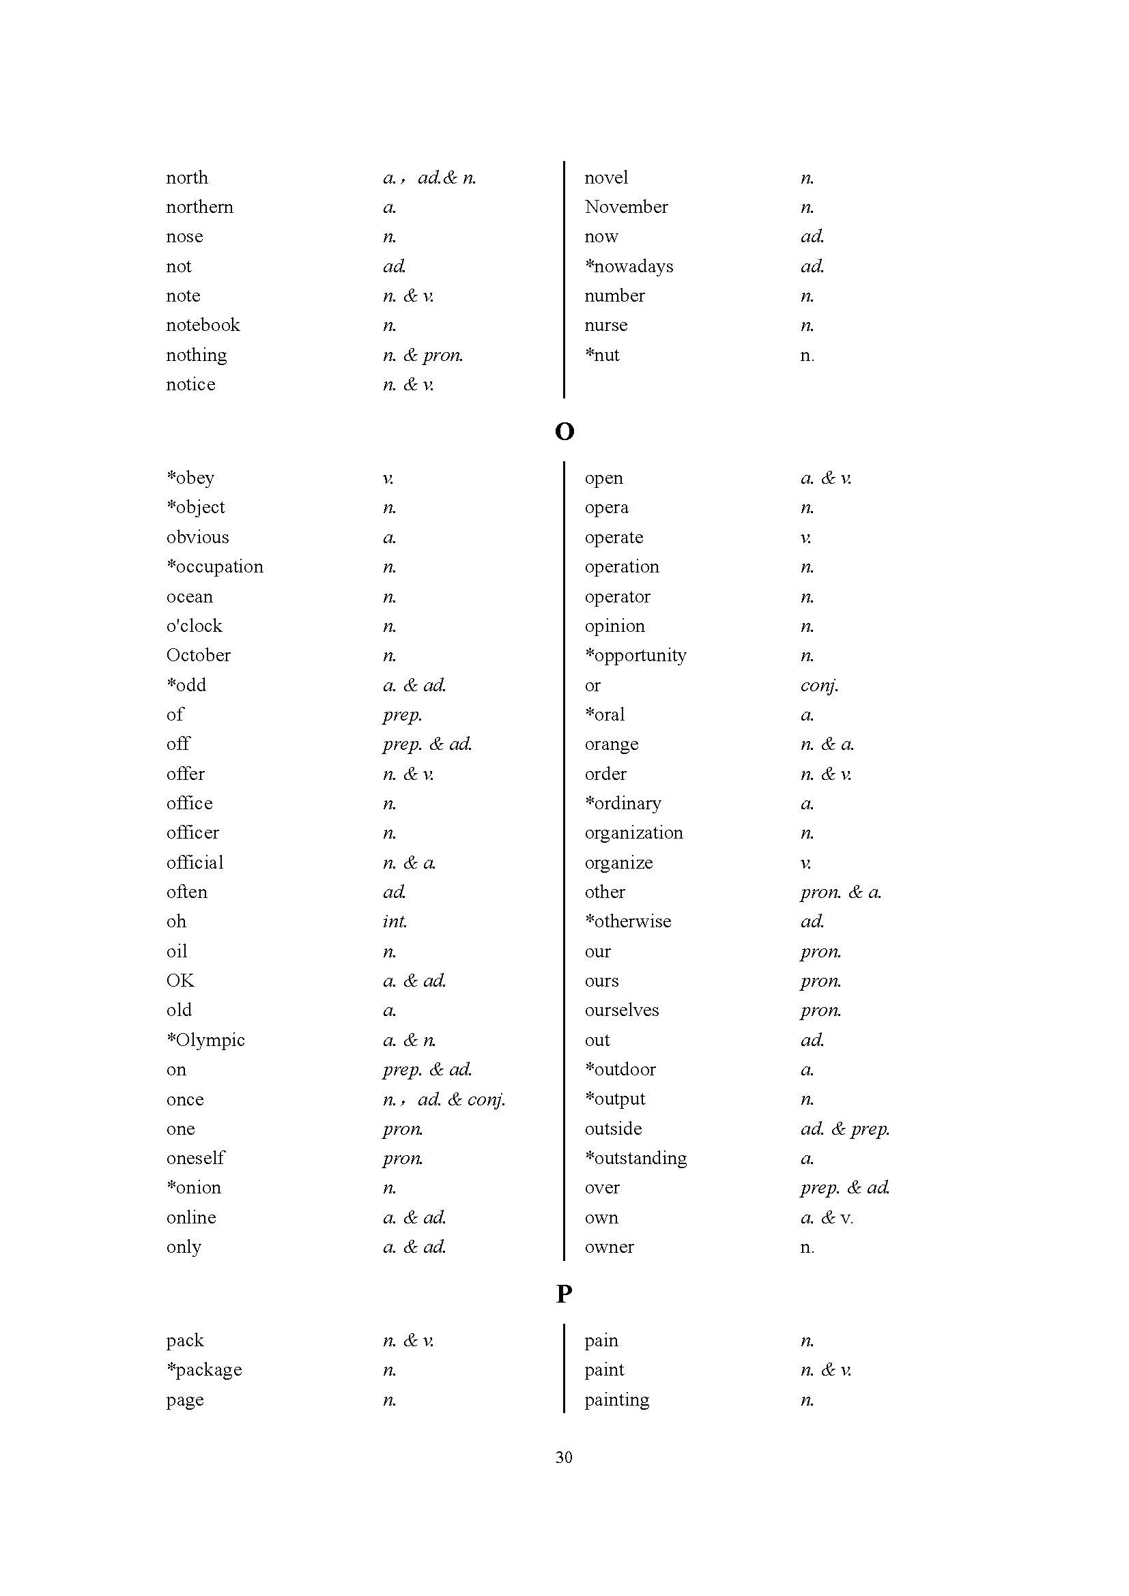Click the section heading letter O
(x=564, y=432)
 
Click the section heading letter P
(x=564, y=1294)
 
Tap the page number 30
(x=564, y=1457)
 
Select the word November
(x=626, y=207)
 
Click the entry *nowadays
(x=629, y=266)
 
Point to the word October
(x=198, y=656)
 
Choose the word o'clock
(x=194, y=626)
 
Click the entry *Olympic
(x=205, y=1040)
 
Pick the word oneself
(x=195, y=1158)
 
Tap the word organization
(x=633, y=832)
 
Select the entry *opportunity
(x=635, y=656)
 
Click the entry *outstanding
(x=635, y=1158)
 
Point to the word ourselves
(x=622, y=1010)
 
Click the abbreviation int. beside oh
(x=394, y=922)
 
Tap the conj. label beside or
(x=819, y=685)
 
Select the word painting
(x=616, y=1399)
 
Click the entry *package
(x=203, y=1370)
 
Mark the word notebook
(x=202, y=325)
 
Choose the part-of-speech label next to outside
(x=844, y=1129)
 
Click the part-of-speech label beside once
(x=444, y=1099)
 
